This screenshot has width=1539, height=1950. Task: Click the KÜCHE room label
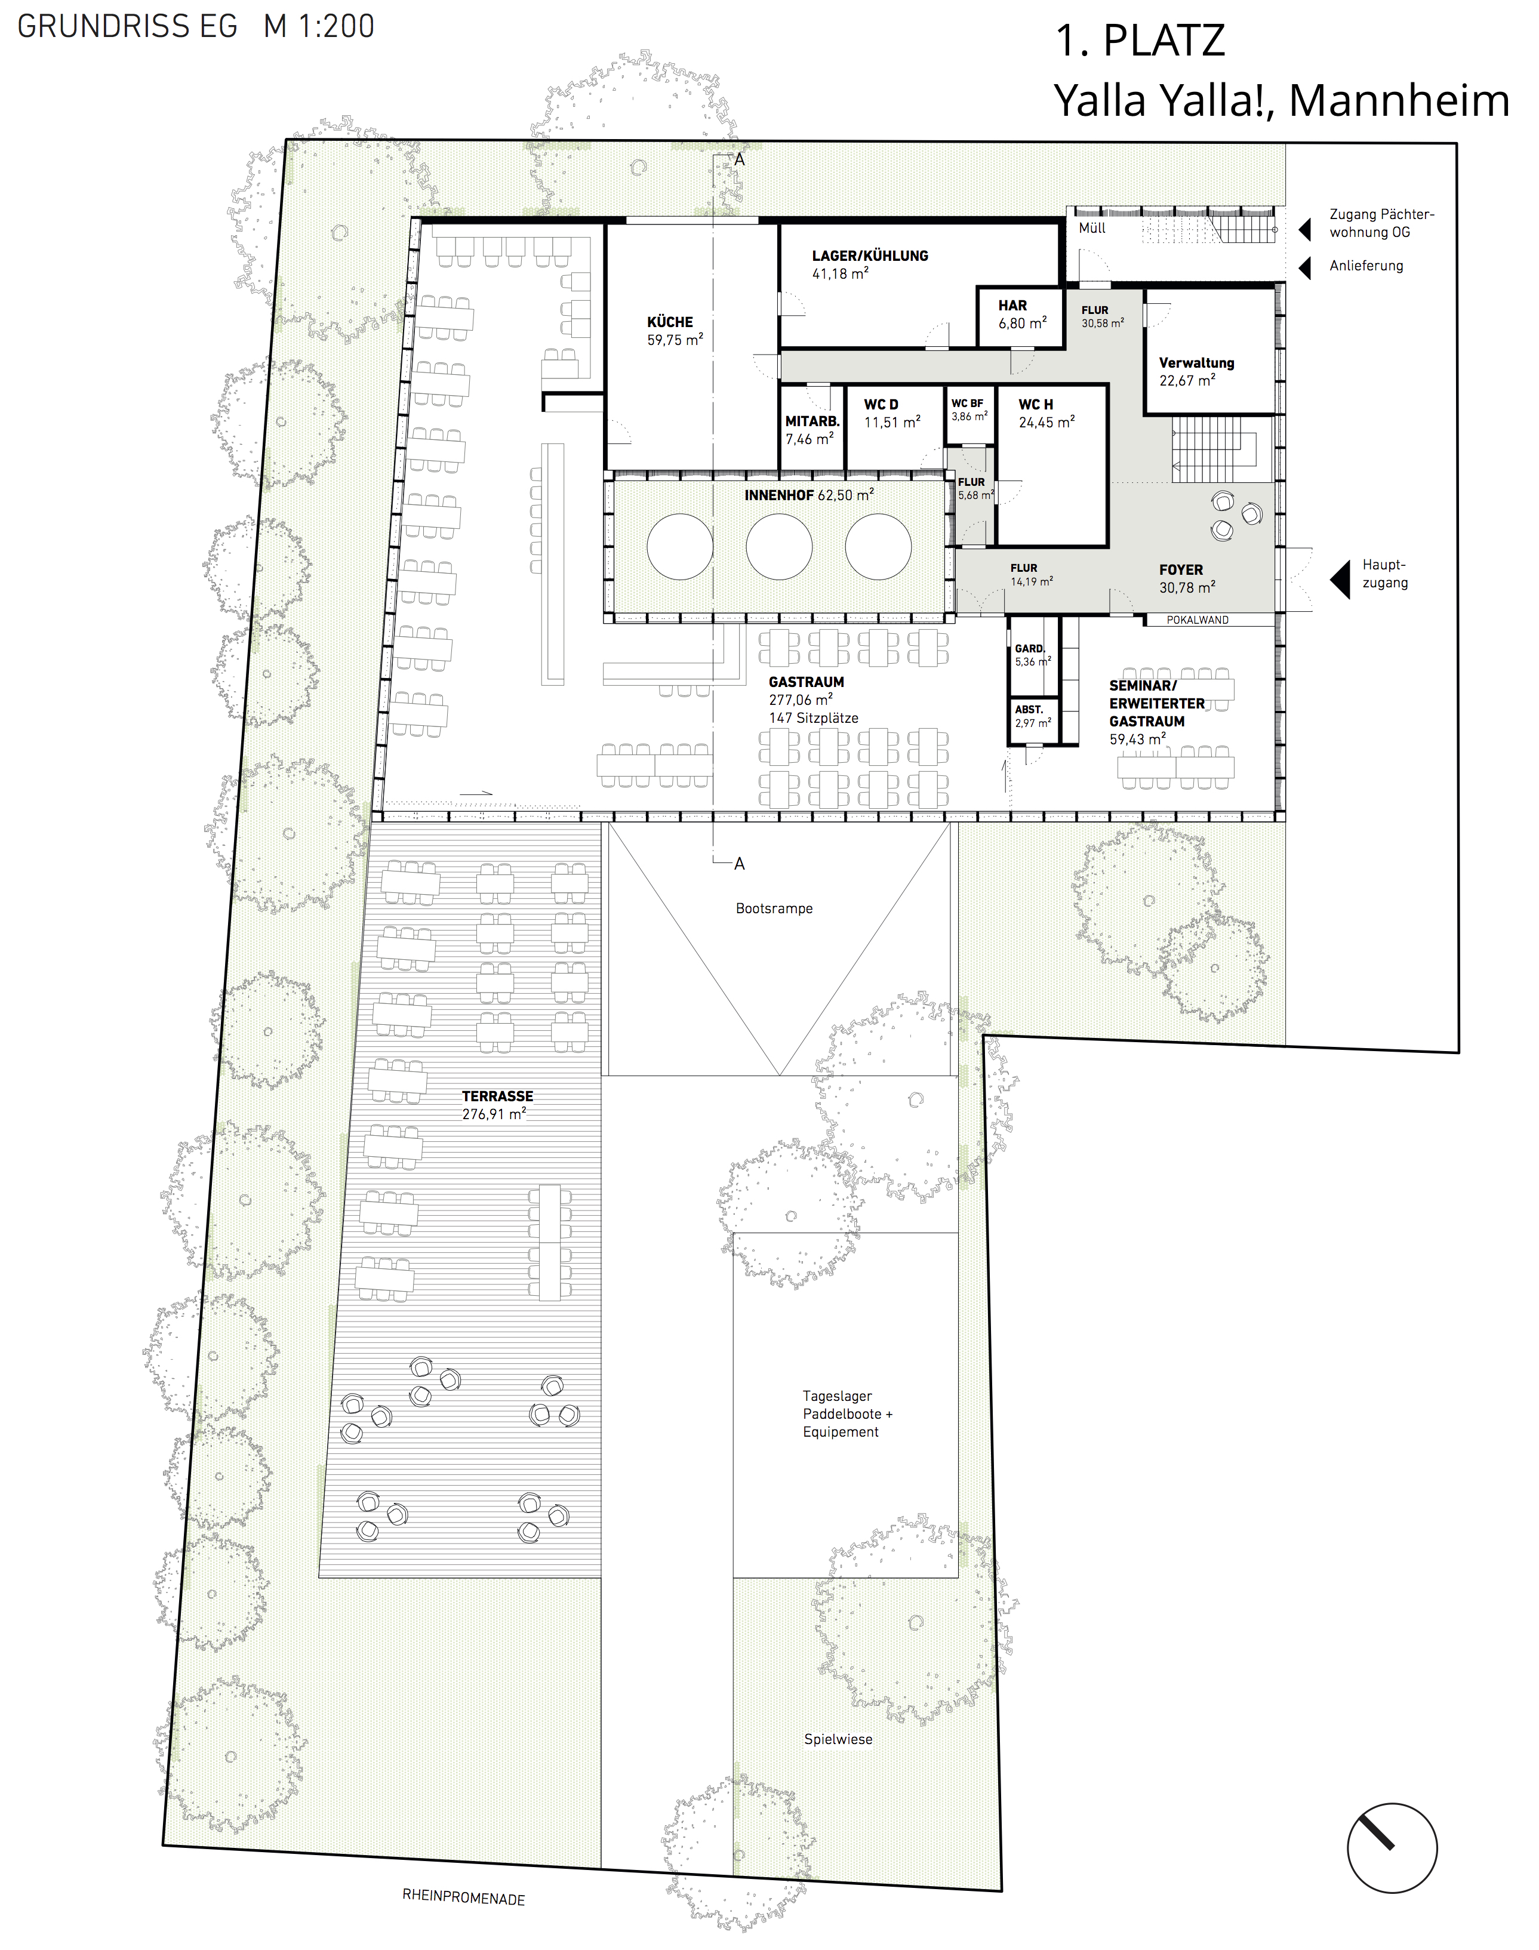[669, 322]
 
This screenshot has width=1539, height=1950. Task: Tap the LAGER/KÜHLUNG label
[870, 256]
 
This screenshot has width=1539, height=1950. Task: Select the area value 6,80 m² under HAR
[1022, 322]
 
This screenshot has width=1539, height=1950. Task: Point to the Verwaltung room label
[1196, 363]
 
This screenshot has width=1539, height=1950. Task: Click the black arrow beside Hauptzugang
[1341, 578]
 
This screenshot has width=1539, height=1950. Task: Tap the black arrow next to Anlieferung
[1304, 267]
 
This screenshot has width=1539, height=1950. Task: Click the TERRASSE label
[497, 1096]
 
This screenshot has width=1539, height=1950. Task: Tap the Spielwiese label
[838, 1739]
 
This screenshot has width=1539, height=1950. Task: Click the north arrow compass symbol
[1391, 1847]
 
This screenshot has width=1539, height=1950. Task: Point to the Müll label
[1092, 228]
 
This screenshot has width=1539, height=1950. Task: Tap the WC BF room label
[967, 403]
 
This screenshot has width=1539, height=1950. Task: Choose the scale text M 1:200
[318, 26]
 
